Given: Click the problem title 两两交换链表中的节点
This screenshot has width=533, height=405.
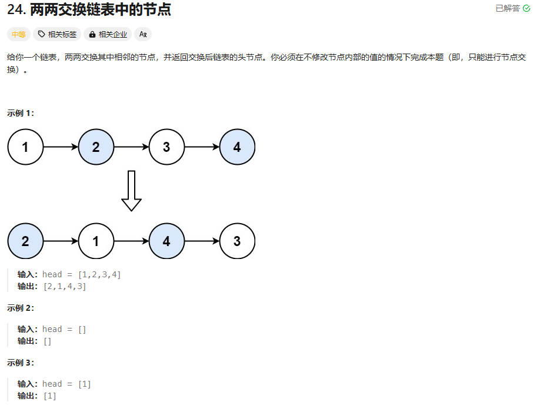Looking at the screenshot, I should (x=100, y=9).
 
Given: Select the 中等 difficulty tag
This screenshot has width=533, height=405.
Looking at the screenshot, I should (x=19, y=34).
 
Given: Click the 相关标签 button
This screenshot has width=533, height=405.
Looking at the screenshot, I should (x=57, y=34).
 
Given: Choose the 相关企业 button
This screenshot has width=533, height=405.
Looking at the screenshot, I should (x=108, y=34).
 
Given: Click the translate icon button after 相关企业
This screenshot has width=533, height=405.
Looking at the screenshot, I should (x=143, y=34).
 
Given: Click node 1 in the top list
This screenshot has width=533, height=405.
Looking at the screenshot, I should (x=25, y=147).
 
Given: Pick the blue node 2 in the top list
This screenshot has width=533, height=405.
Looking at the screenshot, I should (x=96, y=147).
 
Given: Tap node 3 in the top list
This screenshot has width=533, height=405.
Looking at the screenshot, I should (x=166, y=147).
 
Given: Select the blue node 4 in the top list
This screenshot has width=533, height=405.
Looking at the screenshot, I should (x=237, y=147).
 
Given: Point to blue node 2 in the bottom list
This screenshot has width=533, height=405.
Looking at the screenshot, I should (x=25, y=241).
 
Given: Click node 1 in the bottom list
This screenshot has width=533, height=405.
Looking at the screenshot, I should (x=96, y=241).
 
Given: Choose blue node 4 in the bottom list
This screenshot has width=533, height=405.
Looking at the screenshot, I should (x=166, y=241).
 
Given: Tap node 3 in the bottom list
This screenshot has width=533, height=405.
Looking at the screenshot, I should (x=237, y=241).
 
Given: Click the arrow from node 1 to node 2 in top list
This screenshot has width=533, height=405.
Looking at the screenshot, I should (x=61, y=147).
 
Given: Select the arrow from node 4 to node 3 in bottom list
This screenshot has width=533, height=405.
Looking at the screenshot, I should (x=202, y=241).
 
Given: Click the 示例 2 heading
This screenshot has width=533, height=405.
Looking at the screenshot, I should (x=21, y=308).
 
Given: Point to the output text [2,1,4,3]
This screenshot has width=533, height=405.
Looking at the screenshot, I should (x=65, y=287).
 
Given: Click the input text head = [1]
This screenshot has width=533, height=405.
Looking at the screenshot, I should (x=66, y=384).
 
